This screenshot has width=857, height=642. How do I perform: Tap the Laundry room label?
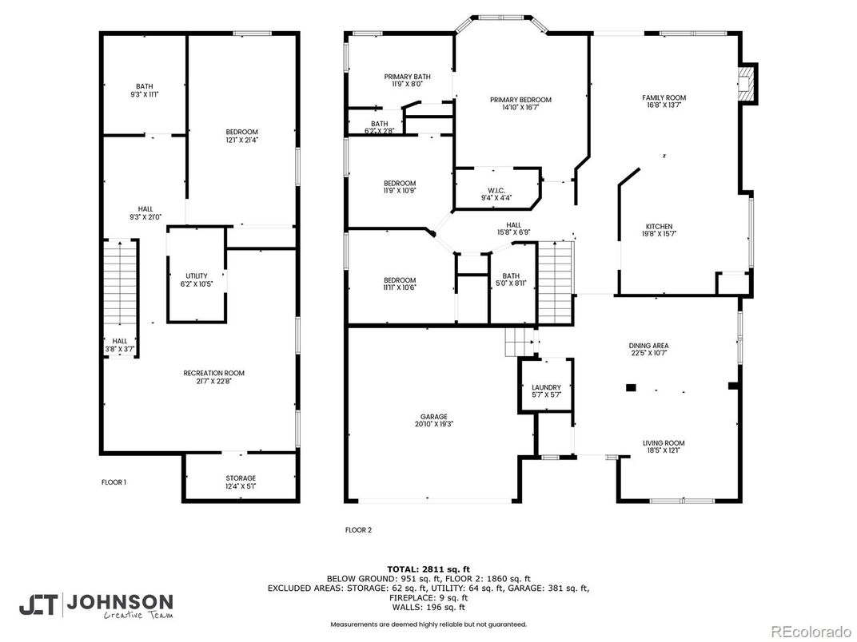click(546, 391)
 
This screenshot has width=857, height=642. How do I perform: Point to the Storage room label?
click(240, 481)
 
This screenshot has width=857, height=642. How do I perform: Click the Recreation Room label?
click(213, 377)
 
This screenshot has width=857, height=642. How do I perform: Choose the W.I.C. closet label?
click(496, 192)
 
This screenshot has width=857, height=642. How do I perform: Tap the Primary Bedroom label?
click(520, 103)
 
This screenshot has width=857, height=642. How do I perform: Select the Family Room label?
click(664, 101)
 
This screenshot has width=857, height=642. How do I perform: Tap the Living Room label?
click(664, 446)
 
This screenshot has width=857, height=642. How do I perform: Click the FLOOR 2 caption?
click(358, 529)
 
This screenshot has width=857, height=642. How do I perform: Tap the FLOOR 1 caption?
click(114, 482)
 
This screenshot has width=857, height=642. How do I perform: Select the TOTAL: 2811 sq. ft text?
click(428, 569)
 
